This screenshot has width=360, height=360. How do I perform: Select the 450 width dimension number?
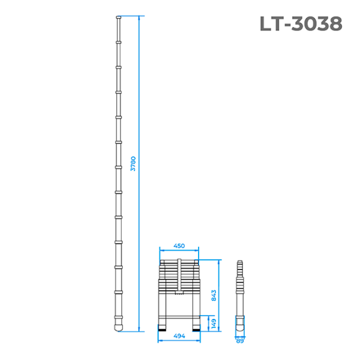pos(179,245)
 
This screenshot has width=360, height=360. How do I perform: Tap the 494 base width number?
pos(179,336)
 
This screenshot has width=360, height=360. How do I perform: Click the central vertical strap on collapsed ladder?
pos(179,276)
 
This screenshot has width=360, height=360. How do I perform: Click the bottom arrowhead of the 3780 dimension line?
pos(139,330)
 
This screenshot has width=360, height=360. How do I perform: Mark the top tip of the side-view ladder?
pos(240,262)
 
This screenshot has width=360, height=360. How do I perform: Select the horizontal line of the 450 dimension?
pos(179,251)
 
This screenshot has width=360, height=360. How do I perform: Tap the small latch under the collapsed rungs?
pos(179,296)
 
